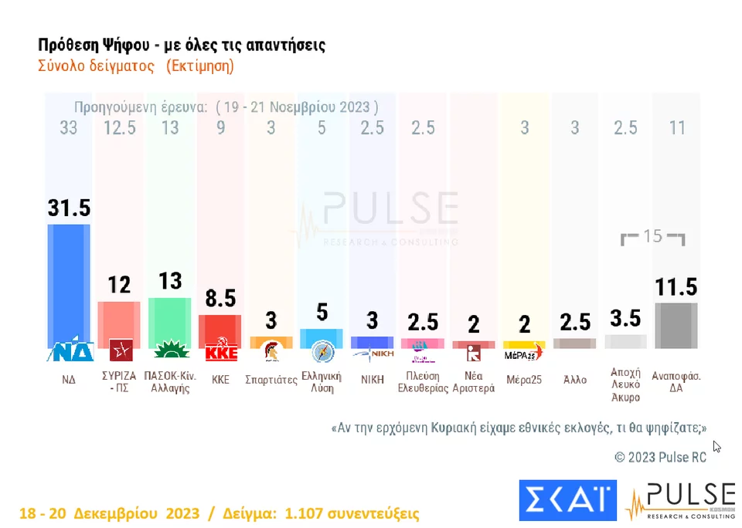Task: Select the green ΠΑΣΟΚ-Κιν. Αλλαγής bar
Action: point(169,318)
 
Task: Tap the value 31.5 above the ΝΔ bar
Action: point(69,208)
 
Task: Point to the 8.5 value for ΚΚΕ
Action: point(220,299)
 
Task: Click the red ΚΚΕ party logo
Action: point(220,352)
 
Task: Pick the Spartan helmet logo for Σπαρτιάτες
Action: point(271,351)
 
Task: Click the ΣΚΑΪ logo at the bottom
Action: point(567,499)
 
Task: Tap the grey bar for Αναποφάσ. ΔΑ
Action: point(676,324)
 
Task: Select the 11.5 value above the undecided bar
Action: point(676,287)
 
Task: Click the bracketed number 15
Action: point(653,236)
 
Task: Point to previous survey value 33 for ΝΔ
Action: point(69,128)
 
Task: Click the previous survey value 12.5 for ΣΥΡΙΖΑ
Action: point(119,128)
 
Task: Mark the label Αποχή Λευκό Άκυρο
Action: point(625,384)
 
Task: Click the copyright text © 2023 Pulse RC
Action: point(660,457)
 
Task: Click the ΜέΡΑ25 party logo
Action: point(524,354)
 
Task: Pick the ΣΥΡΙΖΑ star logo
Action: point(119,351)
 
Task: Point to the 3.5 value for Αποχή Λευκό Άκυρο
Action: point(625,317)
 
